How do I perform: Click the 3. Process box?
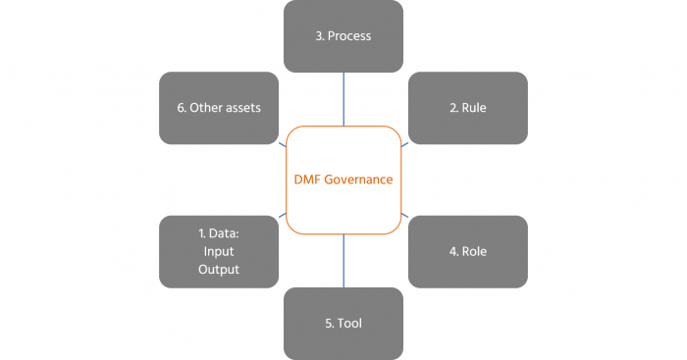coord(343,36)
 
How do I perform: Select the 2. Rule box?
coord(467,108)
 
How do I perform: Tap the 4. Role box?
coord(467,251)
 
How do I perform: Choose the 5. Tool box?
coord(343,323)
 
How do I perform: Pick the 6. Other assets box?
coord(219,108)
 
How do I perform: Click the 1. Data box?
coord(219,251)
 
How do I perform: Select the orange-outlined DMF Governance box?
coord(343,180)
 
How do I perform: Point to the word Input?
coord(218,251)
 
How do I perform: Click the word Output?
coord(220,269)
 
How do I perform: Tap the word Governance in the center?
coord(359,180)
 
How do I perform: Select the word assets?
coord(241,108)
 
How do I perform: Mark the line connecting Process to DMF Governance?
coord(343,99)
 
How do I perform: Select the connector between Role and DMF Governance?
coord(405,215)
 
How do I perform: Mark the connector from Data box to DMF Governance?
coord(282,215)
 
